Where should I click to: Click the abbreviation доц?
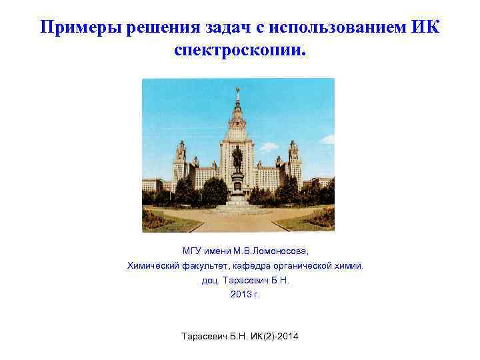point(209,281)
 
